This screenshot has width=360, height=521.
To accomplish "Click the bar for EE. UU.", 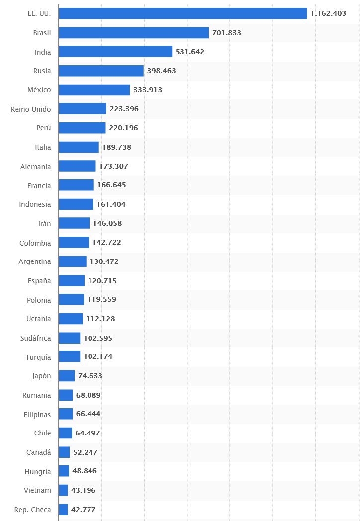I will pos(182,13).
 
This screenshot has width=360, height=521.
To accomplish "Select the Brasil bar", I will pos(133,33).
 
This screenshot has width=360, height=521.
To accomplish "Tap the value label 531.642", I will pos(190,52).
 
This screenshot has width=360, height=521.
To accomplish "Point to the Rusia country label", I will pos(42,71).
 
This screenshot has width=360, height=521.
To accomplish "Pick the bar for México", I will pos(94,90).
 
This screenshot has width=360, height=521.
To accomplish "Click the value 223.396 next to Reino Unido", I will pos(124,109).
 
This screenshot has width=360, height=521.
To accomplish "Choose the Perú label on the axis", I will pos(44,128).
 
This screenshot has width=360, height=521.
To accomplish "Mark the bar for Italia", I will pos(79,147).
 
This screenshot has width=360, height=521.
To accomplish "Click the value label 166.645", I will pos(111,185).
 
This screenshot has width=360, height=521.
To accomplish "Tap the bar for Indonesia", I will pos(76,204).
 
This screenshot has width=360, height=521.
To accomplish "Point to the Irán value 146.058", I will pos(107,223).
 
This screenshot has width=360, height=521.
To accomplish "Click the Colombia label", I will pos(35,243).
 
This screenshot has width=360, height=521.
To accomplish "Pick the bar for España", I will pos(72,281).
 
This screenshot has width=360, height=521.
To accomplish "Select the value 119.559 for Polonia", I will pos(102,300).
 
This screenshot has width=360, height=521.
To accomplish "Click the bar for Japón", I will pos(67,376).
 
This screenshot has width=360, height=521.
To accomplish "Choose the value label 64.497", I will pos(88,433).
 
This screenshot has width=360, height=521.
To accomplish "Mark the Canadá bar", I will pos(64,452).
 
